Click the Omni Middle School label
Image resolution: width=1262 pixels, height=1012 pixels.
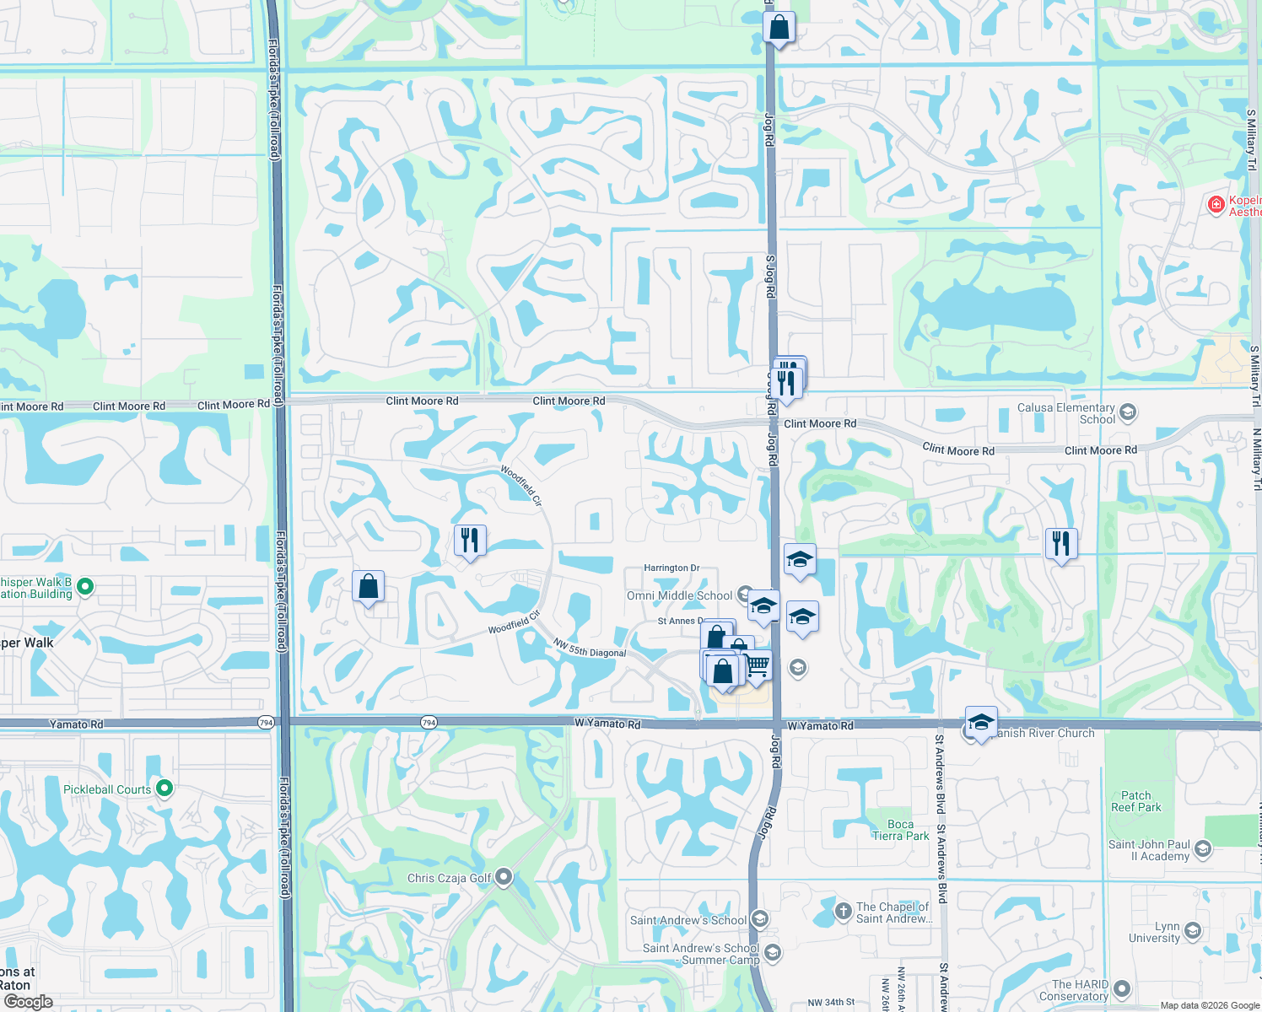[679, 595]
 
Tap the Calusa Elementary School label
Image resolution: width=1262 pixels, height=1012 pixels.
[1066, 413]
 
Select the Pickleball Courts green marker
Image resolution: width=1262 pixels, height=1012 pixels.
[164, 789]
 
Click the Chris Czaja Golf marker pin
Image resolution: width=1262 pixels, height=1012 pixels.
[504, 877]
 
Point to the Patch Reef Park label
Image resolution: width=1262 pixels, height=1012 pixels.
[1135, 801]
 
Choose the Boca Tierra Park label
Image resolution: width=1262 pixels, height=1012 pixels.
[900, 830]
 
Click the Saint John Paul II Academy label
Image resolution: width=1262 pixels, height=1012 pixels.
[1149, 850]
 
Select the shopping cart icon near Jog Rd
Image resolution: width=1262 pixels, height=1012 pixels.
[757, 665]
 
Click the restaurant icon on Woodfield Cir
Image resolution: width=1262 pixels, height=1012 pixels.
[470, 540]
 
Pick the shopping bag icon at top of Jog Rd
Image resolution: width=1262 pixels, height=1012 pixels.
[779, 27]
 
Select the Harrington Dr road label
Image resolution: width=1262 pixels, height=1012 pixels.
[671, 568]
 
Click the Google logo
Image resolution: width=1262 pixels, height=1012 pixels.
[28, 1002]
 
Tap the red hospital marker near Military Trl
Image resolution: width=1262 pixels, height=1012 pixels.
[1216, 204]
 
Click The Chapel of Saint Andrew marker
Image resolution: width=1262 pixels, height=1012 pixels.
[843, 911]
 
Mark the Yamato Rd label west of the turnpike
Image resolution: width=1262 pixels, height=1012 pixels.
[76, 724]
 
